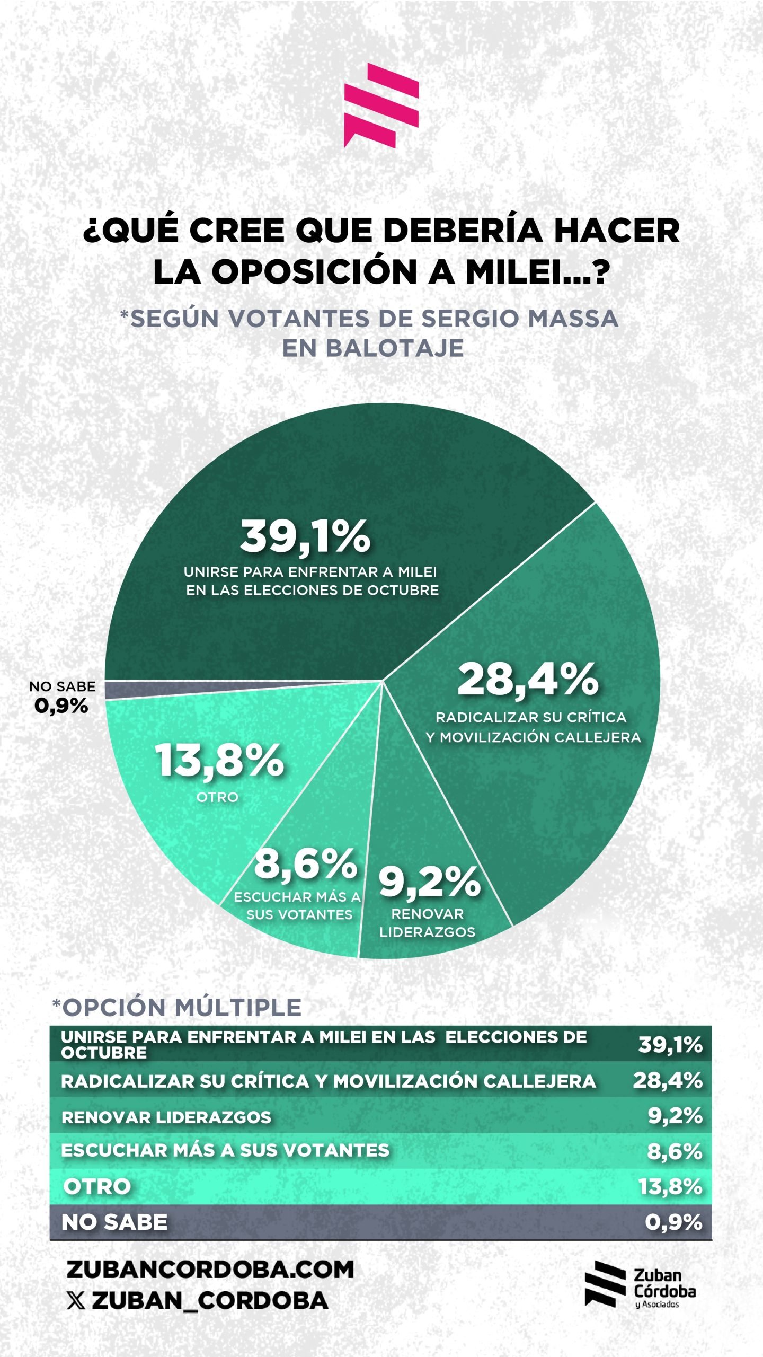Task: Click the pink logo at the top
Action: point(381,105)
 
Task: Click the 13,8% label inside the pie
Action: point(219,761)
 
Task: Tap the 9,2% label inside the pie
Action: point(429,883)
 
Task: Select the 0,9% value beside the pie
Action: point(61,706)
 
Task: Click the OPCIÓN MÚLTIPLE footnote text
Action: point(177,1008)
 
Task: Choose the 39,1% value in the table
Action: point(670,1045)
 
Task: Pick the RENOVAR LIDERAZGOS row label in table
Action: point(166,1117)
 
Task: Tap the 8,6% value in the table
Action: point(675,1151)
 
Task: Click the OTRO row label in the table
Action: point(97,1186)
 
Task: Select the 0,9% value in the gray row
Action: point(673,1222)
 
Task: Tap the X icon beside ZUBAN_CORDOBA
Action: point(76,1300)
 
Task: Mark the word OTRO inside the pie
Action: point(217,797)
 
